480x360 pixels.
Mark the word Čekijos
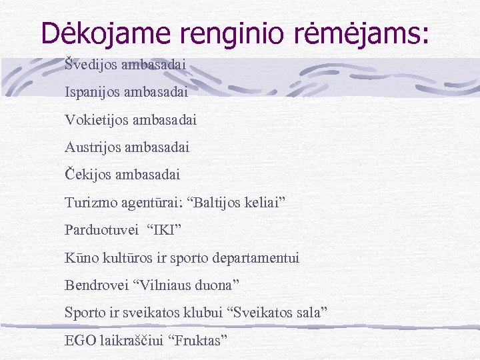point(87,175)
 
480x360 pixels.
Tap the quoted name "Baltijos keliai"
point(239,202)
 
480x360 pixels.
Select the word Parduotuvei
point(98,230)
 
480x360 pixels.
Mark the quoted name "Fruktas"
point(199,340)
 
